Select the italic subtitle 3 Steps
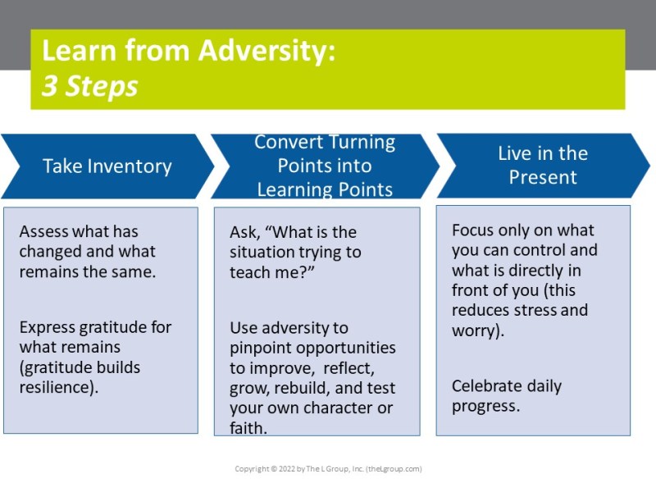pos(90,86)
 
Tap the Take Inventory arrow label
pos(107,166)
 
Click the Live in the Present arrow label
pos(543,166)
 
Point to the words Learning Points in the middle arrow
pos(325,189)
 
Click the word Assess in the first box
pos(43,231)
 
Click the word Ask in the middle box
pos(244,232)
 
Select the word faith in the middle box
pos(248,427)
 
